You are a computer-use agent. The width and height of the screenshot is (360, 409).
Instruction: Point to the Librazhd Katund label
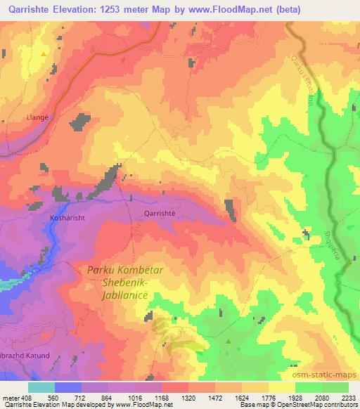pyautogui.click(x=25, y=356)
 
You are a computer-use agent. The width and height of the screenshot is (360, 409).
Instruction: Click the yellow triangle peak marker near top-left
pyautogui.click(x=44, y=54)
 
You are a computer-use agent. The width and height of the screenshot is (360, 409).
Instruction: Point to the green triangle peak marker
pyautogui.click(x=229, y=342)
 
